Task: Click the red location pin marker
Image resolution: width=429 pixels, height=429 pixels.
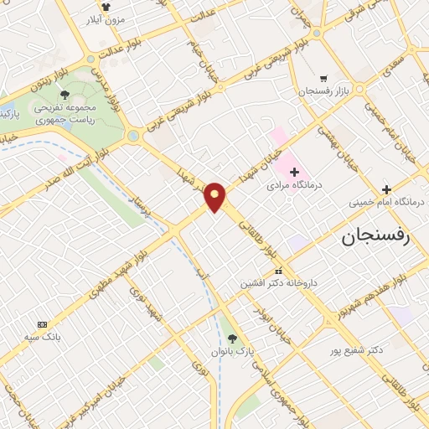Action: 215,197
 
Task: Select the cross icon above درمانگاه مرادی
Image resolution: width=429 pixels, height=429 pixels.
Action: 293,171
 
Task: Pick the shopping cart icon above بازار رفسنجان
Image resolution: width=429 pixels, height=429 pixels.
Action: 323,76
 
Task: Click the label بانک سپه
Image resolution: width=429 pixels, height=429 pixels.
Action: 42,338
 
